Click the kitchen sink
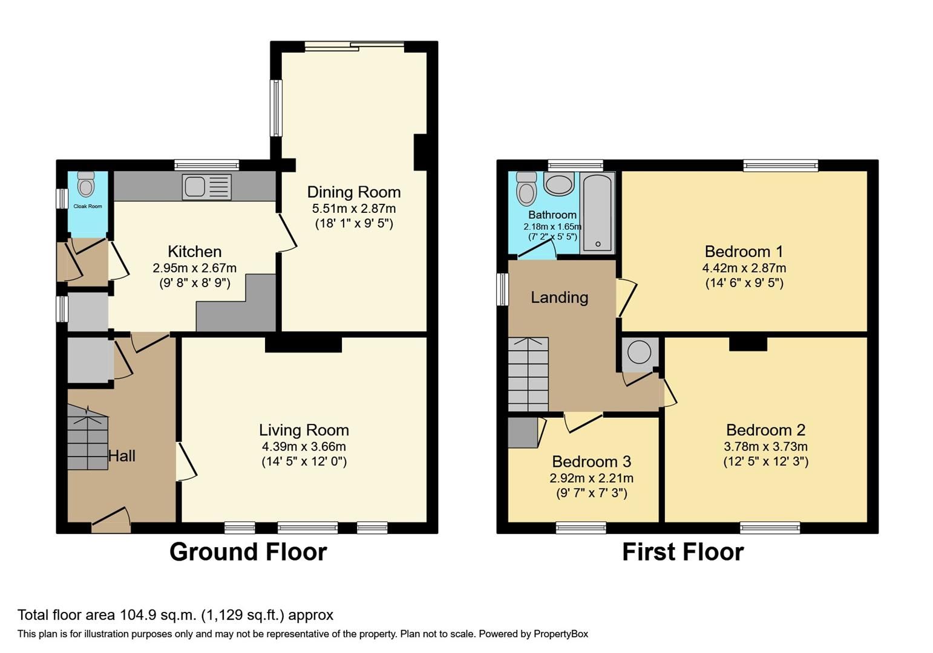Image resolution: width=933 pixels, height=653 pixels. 206,187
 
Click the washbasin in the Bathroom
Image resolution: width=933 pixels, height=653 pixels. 558,184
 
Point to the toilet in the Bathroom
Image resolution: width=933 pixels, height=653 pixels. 526,189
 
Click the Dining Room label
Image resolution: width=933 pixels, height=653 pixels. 354,192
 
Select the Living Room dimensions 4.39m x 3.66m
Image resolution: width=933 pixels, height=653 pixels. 304,447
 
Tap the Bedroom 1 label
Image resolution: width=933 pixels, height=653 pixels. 744,252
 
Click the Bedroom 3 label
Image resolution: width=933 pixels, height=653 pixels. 591,462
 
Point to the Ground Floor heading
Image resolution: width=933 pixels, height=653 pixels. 248,552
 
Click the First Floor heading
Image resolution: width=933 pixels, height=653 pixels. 683,552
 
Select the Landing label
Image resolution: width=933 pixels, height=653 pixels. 559,297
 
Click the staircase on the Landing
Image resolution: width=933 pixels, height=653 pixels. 528,374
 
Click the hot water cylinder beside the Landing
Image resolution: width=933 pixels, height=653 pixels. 639,352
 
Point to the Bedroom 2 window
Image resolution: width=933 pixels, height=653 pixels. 770,528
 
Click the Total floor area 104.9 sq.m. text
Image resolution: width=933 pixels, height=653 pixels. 175,616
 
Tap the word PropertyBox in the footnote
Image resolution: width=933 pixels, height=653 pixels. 560,634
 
